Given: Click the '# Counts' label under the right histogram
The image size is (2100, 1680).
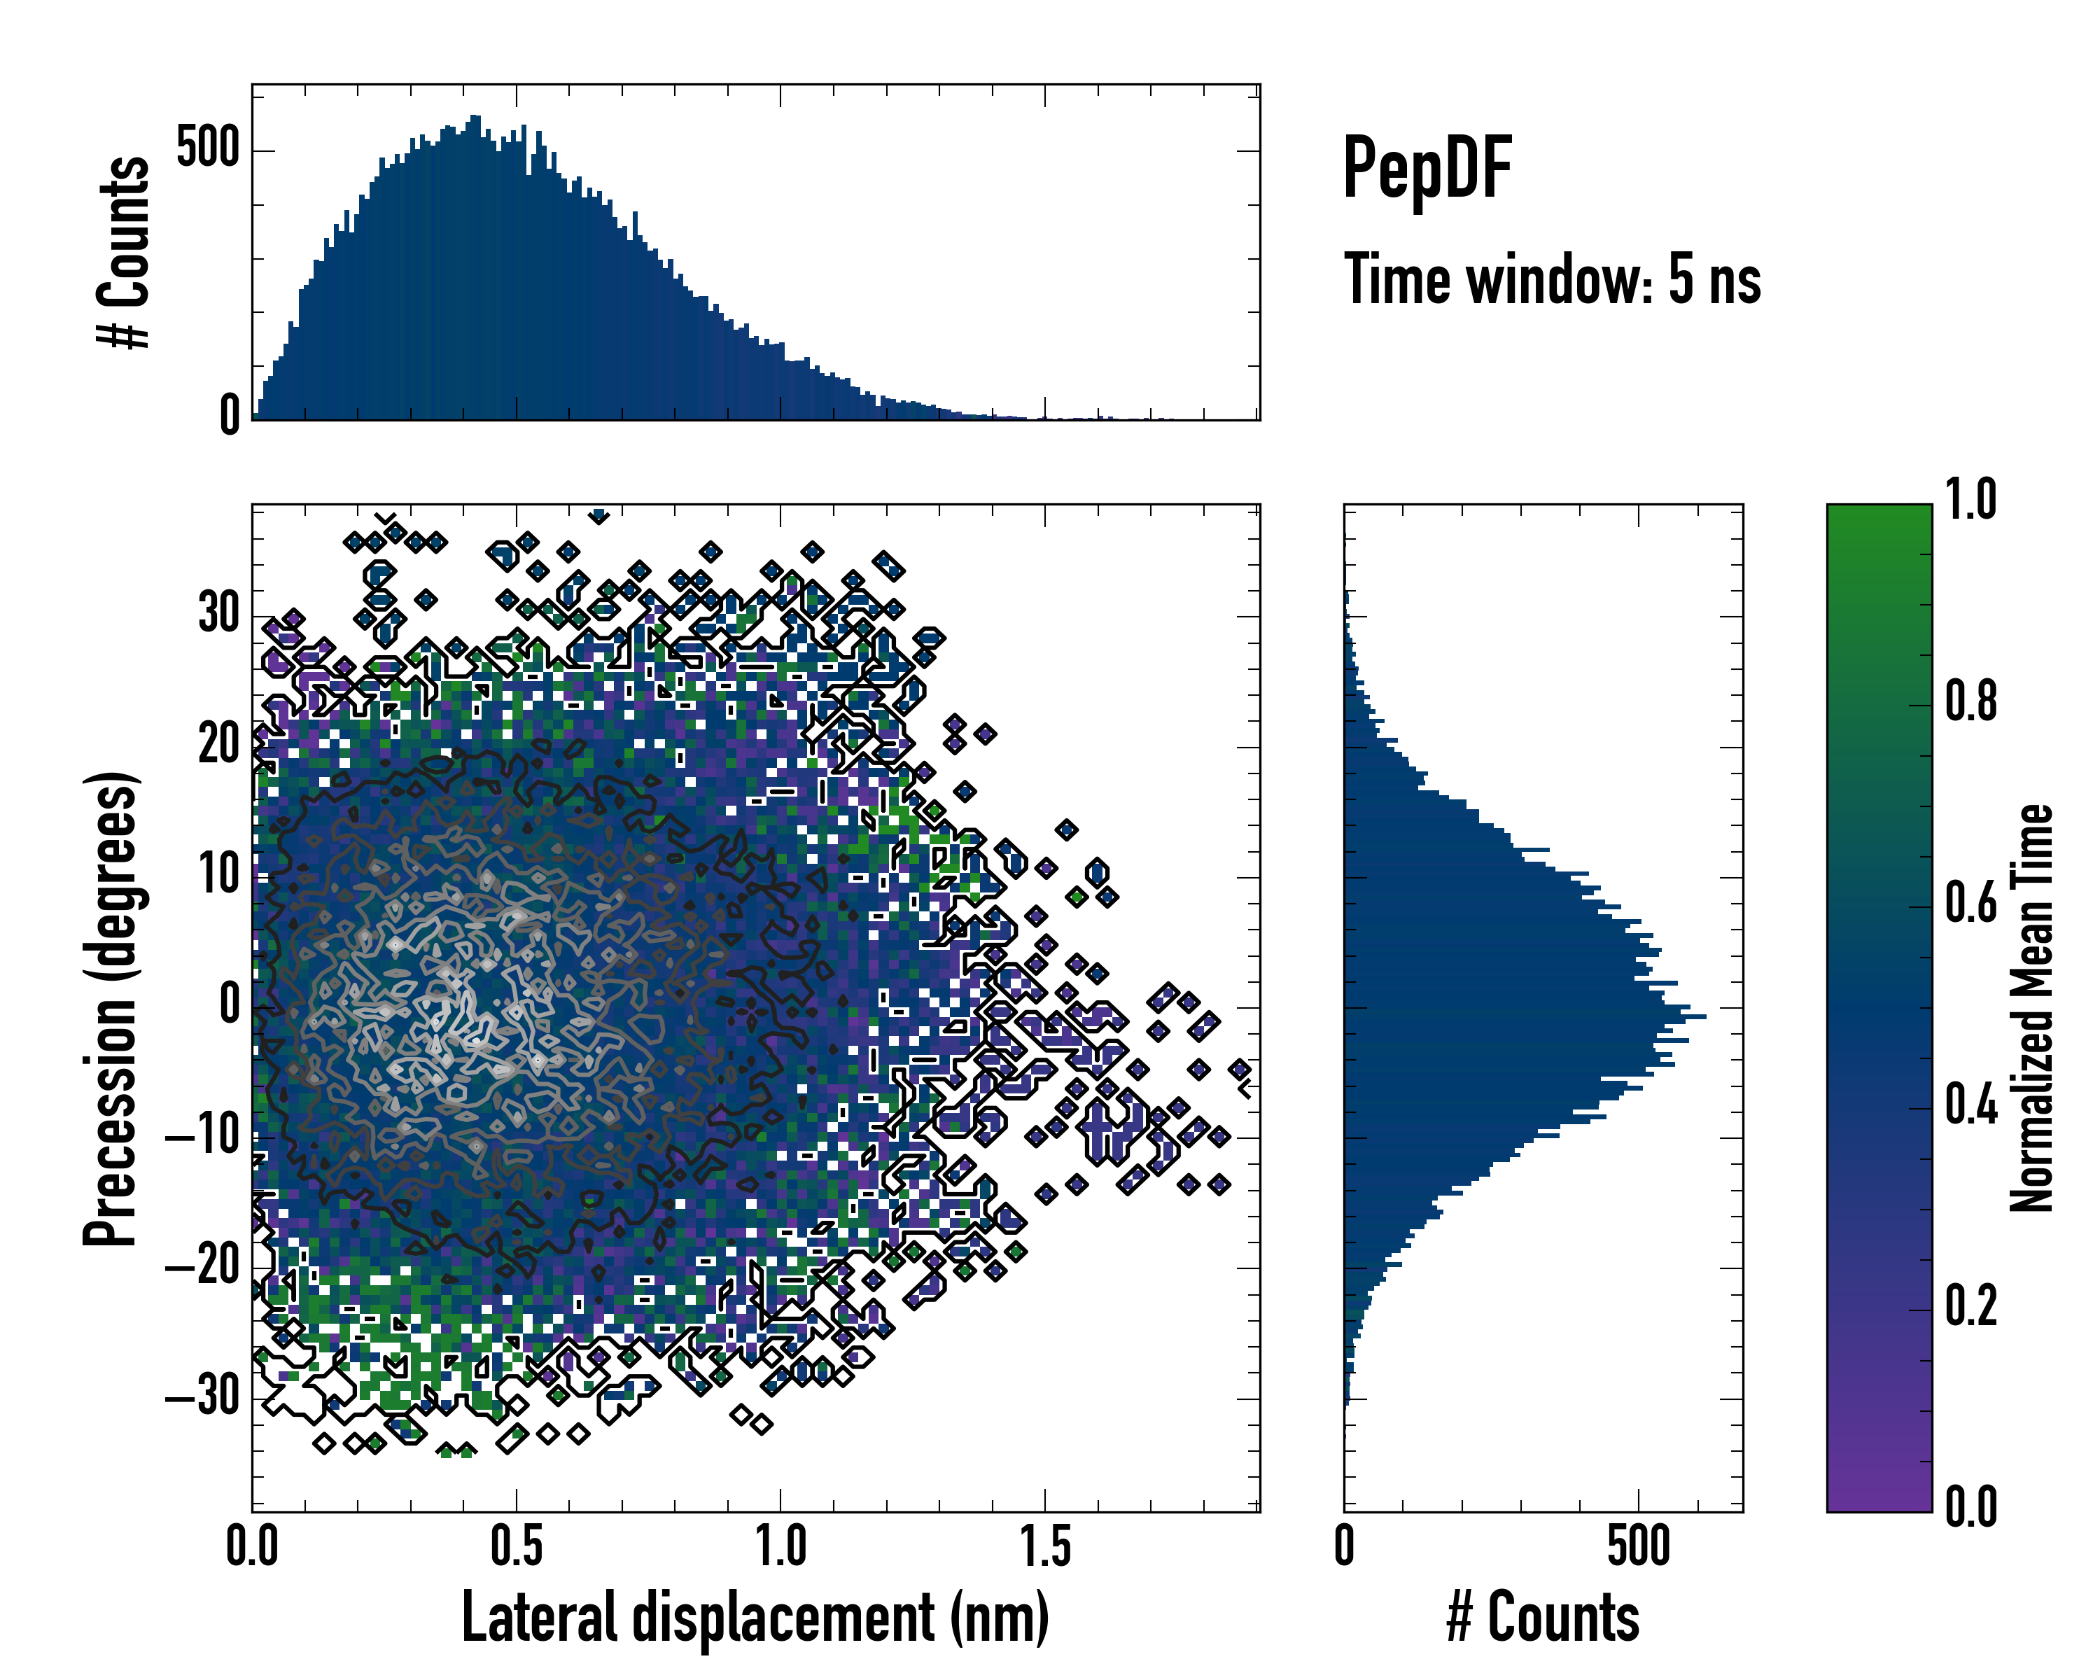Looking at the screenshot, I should pos(1543,1618).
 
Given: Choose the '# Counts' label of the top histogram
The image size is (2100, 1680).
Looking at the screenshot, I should pos(124,252).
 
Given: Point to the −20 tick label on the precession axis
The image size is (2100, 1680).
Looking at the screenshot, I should pos(202,1267).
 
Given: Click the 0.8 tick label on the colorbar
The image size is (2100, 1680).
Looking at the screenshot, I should pos(1970,702).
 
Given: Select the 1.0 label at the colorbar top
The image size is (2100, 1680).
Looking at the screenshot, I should pos(1970,500).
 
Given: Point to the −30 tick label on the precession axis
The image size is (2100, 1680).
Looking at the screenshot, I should pos(202,1398).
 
